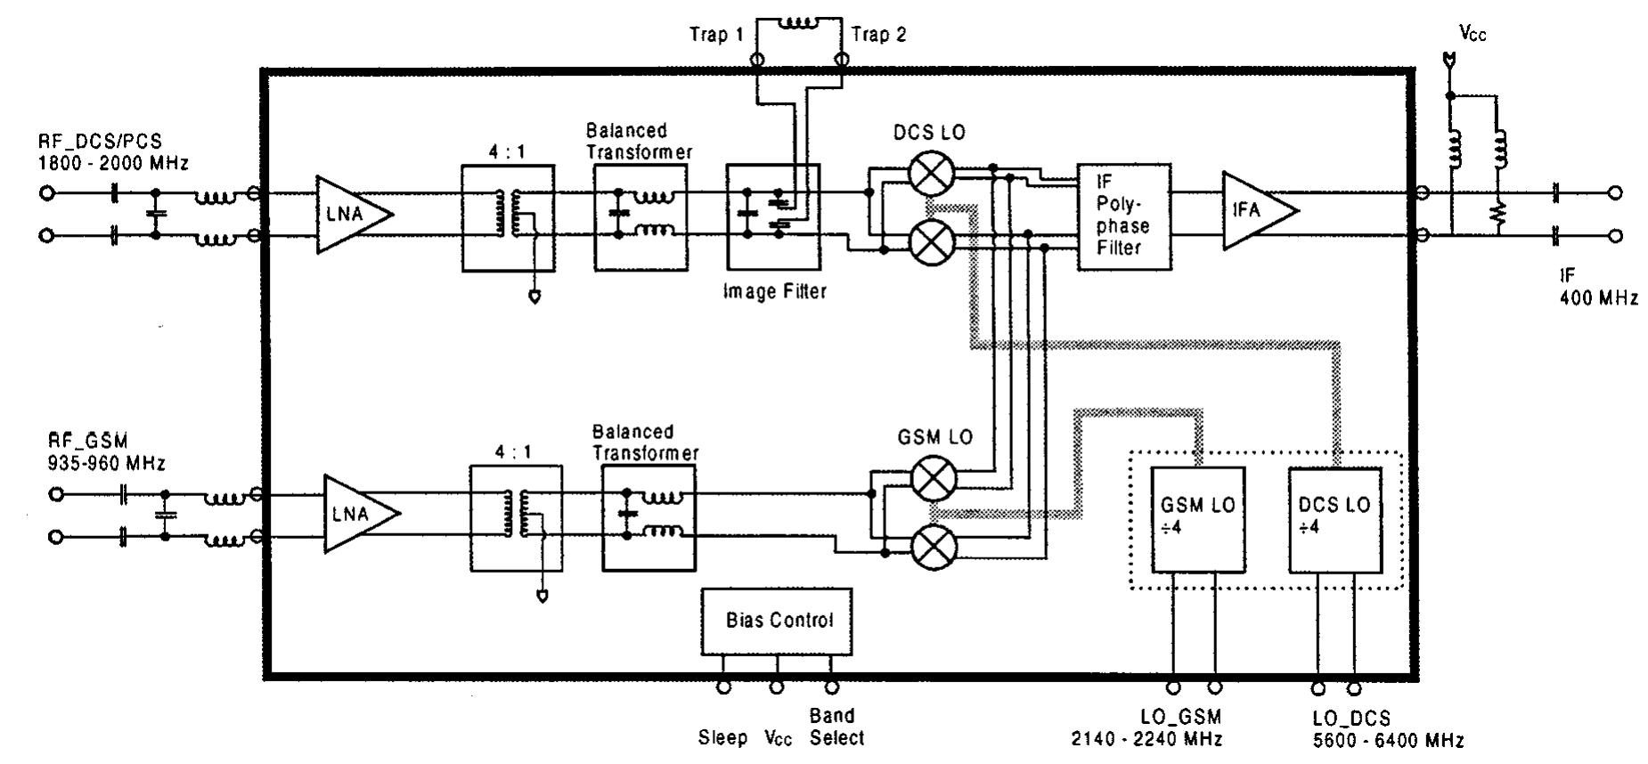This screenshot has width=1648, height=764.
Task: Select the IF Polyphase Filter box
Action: click(x=1123, y=216)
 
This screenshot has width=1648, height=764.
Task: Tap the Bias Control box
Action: click(x=777, y=621)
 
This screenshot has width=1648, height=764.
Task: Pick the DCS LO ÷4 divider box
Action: click(x=1334, y=519)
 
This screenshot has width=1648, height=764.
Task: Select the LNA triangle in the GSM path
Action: click(x=356, y=514)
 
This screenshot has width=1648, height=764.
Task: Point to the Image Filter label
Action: click(x=775, y=292)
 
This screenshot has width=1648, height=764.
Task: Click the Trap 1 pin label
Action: click(x=716, y=36)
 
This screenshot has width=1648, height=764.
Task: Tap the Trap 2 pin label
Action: click(x=878, y=36)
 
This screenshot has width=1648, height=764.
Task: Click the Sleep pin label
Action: click(x=722, y=738)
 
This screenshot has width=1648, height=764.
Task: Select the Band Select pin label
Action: click(x=836, y=727)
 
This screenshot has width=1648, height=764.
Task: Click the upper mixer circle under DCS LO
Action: click(x=932, y=174)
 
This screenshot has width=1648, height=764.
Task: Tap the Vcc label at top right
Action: click(x=1473, y=34)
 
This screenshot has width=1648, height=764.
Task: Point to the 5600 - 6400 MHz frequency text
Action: click(x=1387, y=740)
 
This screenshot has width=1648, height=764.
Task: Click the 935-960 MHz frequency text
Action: click(x=107, y=464)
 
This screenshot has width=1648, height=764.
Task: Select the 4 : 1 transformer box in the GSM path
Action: click(x=516, y=519)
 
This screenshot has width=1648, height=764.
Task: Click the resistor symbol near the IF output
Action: click(x=1499, y=214)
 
